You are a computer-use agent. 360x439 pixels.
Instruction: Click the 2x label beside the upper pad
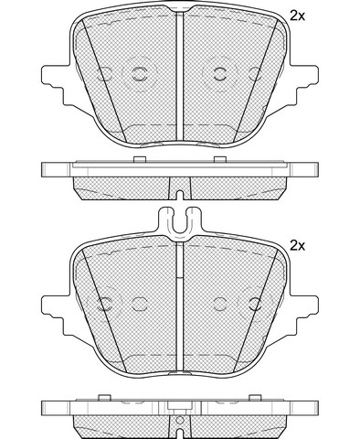(297, 16)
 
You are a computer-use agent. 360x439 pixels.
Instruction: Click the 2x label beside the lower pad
(297, 245)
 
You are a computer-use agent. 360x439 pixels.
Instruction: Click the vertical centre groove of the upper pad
(180, 76)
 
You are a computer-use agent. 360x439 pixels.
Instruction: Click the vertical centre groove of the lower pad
(180, 308)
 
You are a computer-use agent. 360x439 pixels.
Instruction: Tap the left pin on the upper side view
(140, 159)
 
